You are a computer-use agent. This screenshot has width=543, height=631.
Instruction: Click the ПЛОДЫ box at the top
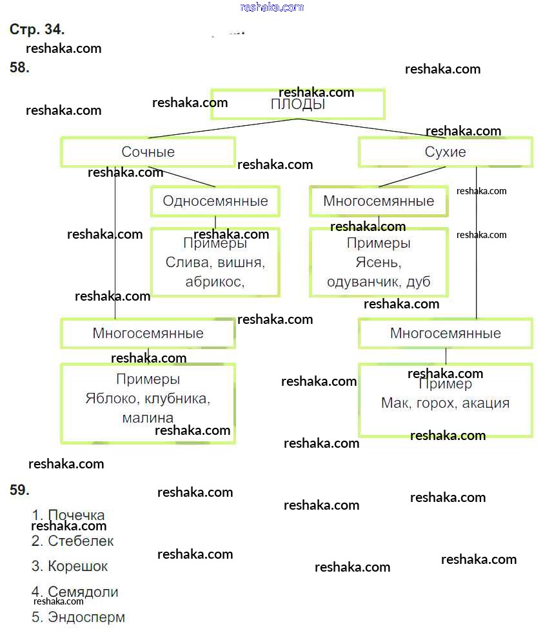click(x=297, y=105)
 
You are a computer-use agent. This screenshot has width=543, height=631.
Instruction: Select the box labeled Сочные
click(x=148, y=152)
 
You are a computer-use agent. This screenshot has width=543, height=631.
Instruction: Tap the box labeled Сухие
click(x=445, y=152)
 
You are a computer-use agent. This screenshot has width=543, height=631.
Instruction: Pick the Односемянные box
click(x=215, y=201)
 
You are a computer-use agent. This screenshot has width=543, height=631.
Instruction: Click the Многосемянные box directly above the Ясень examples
click(x=379, y=201)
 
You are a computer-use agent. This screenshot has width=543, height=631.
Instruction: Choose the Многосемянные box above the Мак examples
click(x=445, y=334)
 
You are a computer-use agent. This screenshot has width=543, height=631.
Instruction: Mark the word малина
click(x=148, y=418)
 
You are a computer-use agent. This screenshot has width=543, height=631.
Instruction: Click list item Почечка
click(x=75, y=516)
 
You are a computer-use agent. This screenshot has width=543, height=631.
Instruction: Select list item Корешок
click(x=77, y=566)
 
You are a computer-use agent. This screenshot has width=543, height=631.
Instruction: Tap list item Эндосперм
click(x=86, y=617)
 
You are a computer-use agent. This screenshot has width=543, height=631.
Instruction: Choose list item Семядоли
click(x=83, y=592)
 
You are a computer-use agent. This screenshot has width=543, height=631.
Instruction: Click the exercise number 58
click(x=20, y=68)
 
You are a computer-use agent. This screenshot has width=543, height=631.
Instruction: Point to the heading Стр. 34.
click(x=37, y=29)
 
